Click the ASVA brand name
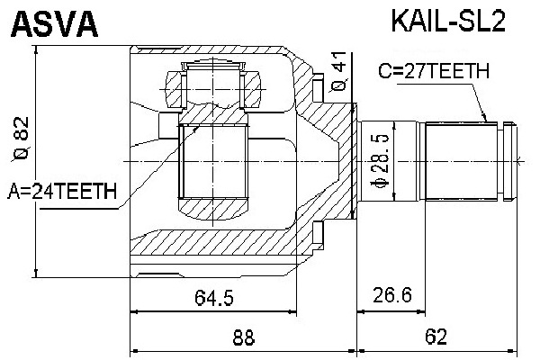point(55,23)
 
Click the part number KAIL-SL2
point(448,22)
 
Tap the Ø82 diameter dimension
point(21,139)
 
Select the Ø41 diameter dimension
point(339,71)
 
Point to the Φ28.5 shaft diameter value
point(380,161)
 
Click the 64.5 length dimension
point(214,298)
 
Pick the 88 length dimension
point(244,337)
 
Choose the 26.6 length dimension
point(391,295)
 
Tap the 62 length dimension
point(436,337)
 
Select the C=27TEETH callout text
point(433,71)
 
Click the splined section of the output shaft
point(461,161)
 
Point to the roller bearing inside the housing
point(213,90)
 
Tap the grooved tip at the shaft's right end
point(510,161)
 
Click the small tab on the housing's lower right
point(319,232)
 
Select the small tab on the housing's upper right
point(319,87)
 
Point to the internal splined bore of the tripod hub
point(213,162)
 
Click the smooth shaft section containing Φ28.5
point(389,161)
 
